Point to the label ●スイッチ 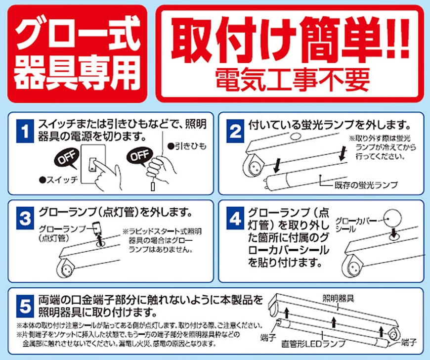pos(56,180)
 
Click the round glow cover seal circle pos(394,218)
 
